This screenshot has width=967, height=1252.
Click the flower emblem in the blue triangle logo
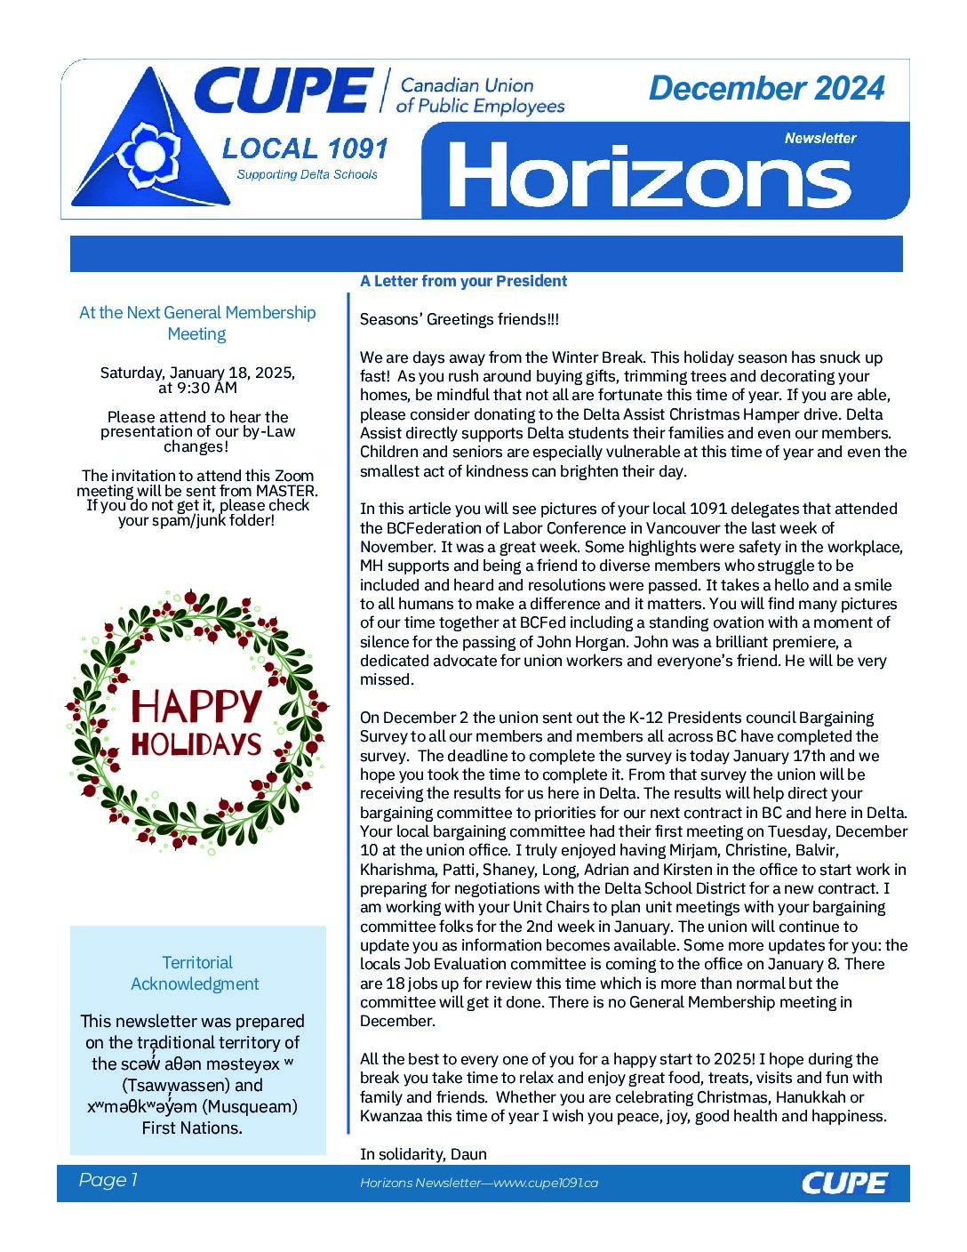[x=148, y=156]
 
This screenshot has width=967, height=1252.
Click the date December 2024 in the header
[x=766, y=88]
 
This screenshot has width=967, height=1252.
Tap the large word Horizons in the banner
[x=650, y=176]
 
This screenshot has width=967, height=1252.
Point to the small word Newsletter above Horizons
[x=819, y=138]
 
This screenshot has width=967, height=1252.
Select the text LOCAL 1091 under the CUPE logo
[x=305, y=148]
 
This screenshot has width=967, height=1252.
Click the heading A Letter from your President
[x=463, y=281]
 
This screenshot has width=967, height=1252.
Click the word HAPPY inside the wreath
[x=196, y=707]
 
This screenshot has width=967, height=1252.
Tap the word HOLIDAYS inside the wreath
[x=196, y=744]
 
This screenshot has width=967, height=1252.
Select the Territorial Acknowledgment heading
[x=196, y=973]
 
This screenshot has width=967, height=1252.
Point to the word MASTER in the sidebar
[x=285, y=491]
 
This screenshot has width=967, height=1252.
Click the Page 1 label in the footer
[x=108, y=1180]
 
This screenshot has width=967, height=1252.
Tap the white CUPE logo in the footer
[x=843, y=1183]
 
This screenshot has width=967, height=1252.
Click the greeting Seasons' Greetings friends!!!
[x=460, y=319]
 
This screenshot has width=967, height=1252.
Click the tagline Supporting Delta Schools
[x=307, y=174]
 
